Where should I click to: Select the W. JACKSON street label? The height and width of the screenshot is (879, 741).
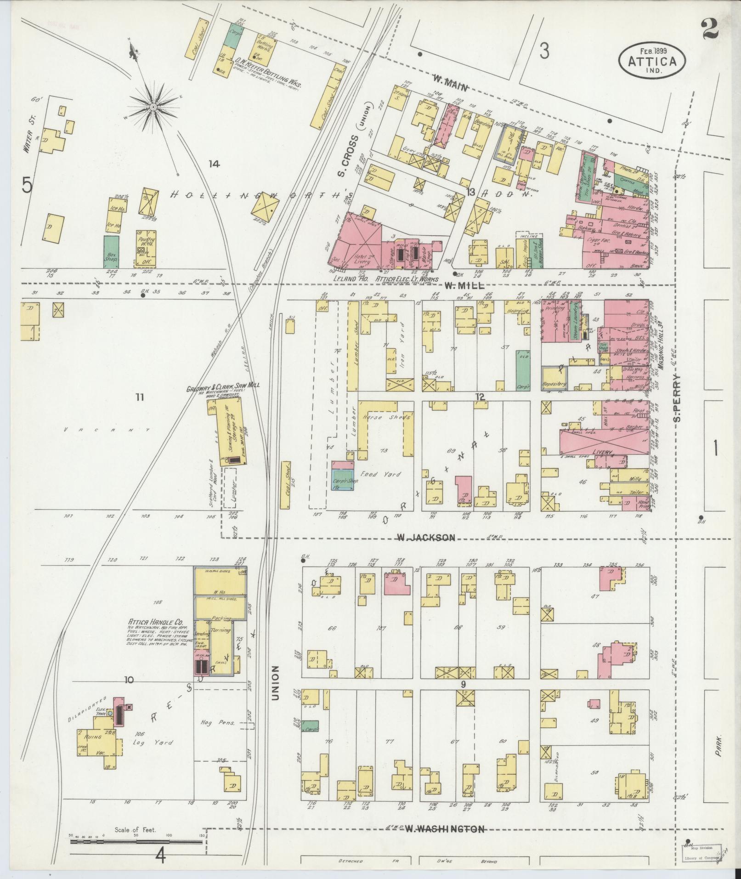(426, 537)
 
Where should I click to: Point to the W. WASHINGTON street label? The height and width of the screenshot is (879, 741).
(445, 829)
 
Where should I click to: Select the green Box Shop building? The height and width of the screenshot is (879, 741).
(111, 251)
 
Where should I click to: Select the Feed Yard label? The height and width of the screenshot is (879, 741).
(380, 474)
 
